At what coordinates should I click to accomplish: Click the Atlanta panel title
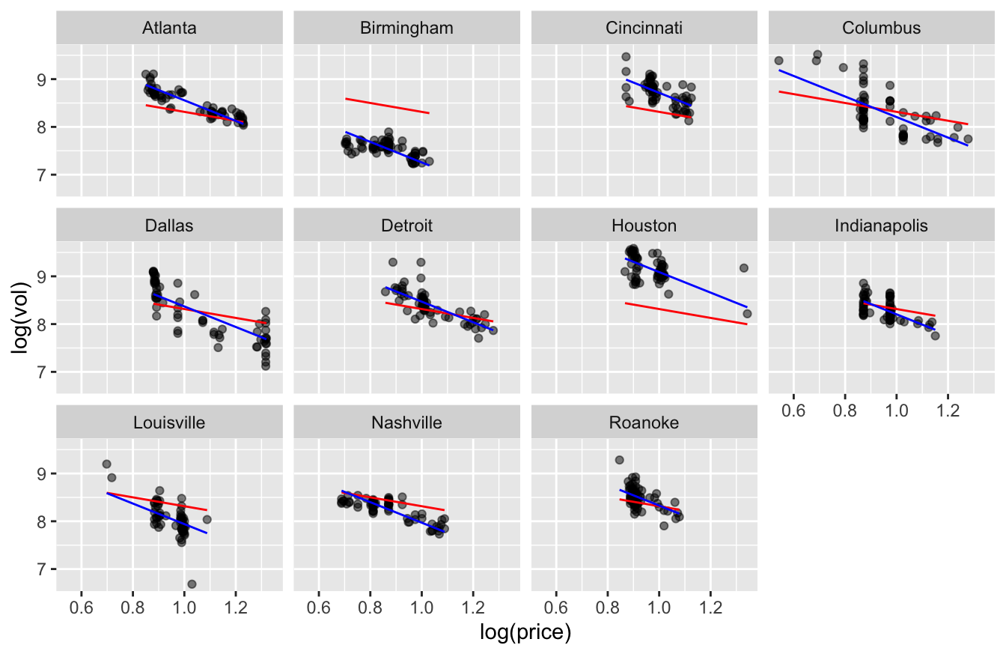169,28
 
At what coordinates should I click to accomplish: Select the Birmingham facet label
406,28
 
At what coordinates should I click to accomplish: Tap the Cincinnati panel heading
644,28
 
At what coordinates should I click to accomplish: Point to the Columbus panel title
881,28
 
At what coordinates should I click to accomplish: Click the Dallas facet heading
169,225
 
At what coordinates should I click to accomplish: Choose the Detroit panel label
406,225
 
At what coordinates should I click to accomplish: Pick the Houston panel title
644,225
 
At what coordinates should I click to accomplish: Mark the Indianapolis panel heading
881,225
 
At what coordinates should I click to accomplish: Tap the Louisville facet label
169,423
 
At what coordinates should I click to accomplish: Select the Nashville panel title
406,423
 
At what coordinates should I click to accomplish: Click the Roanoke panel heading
644,423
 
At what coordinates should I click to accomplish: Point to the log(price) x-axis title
525,634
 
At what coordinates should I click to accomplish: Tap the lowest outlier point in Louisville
192,584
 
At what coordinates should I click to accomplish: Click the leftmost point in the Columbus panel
778,61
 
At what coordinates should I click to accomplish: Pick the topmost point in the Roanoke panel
619,460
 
